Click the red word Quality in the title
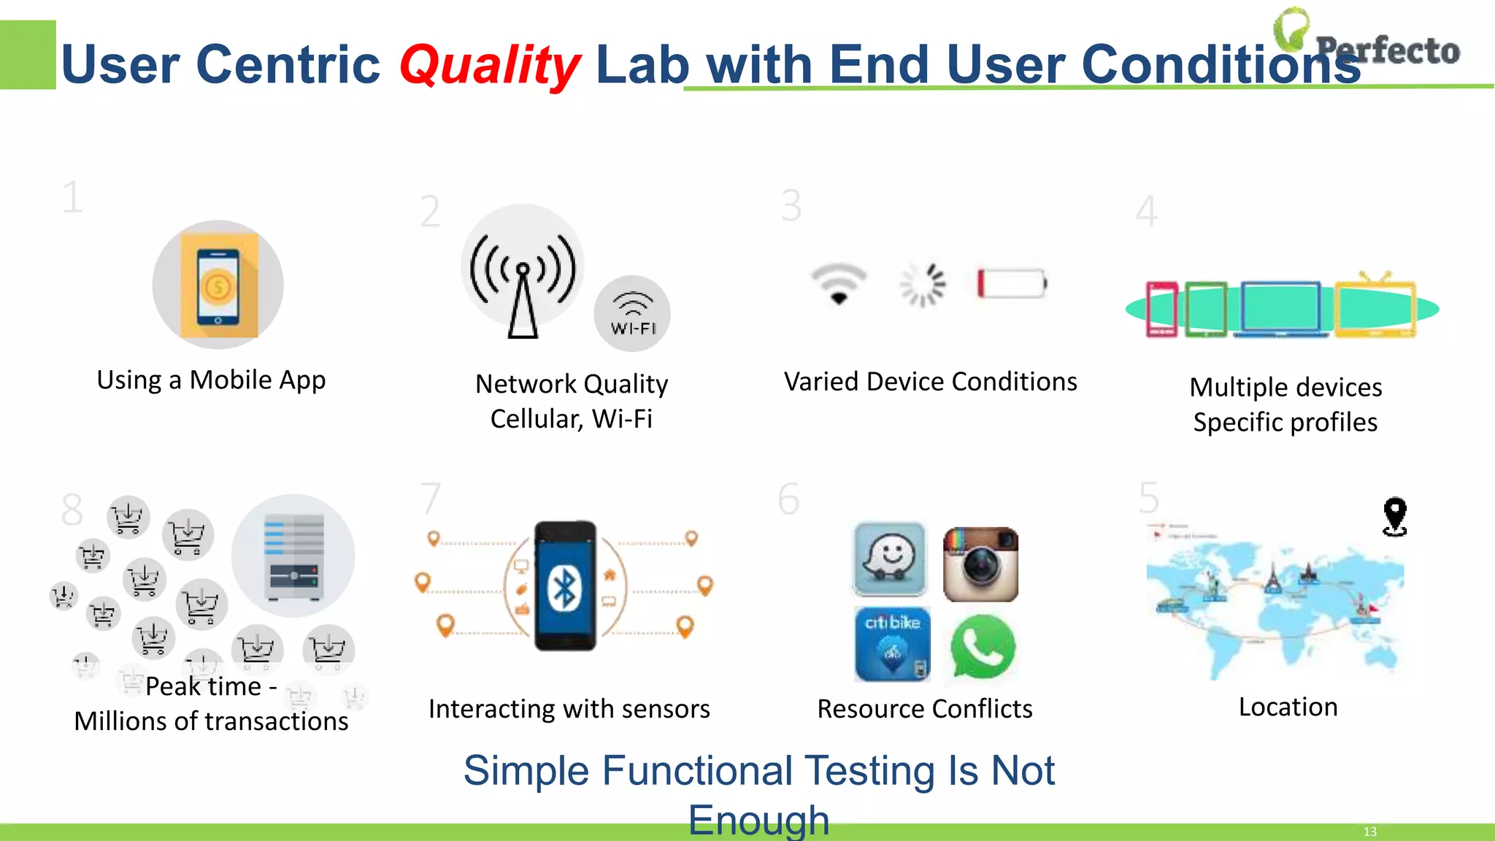click(x=490, y=64)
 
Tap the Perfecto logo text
click(x=1387, y=50)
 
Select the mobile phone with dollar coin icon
click(x=218, y=285)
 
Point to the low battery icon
click(x=1012, y=283)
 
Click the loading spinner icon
click(x=923, y=284)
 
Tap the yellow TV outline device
click(x=1375, y=307)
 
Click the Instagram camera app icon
click(x=980, y=564)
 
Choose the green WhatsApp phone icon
click(x=983, y=647)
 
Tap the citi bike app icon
click(x=892, y=644)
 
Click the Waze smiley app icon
click(x=890, y=559)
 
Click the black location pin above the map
click(x=1394, y=515)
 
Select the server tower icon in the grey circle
click(x=293, y=556)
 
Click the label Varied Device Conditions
click(x=930, y=382)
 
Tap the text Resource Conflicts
click(x=924, y=709)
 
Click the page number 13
click(x=1369, y=832)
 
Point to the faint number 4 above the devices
click(x=1146, y=212)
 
